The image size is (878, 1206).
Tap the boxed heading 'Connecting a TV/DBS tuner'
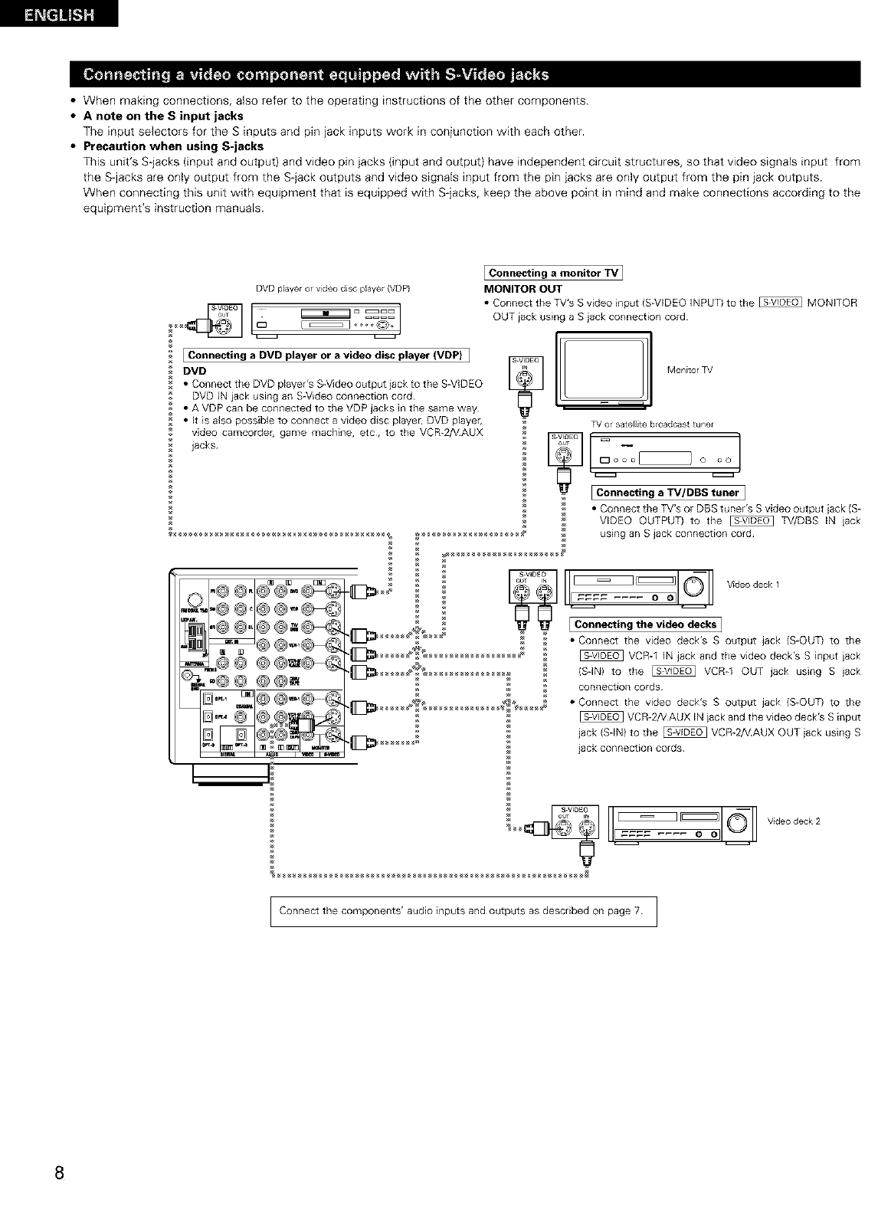667,493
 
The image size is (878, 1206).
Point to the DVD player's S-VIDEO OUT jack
222,326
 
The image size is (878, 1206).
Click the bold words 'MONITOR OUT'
523,289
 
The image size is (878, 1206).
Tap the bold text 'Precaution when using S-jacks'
173,146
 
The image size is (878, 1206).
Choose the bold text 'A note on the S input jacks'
163,116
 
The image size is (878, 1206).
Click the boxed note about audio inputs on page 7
463,911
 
